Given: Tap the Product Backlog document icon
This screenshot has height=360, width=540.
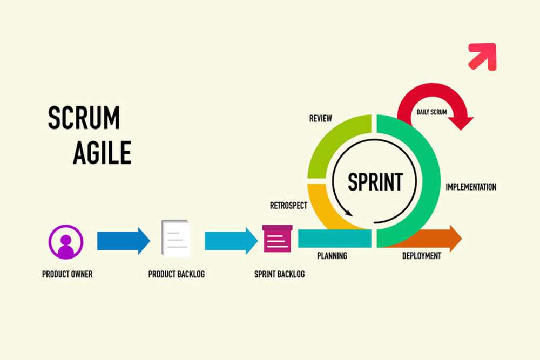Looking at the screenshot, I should (x=176, y=239).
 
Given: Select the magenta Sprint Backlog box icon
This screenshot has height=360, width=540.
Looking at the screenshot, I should (x=278, y=239).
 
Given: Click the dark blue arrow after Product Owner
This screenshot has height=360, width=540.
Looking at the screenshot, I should (x=123, y=240).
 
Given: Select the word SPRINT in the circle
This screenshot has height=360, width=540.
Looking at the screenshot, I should (x=375, y=182).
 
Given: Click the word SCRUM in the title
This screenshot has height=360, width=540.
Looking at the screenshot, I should (x=84, y=118).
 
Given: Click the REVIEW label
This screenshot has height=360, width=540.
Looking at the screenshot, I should (x=321, y=118).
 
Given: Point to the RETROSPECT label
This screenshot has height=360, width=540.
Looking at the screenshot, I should (x=288, y=206).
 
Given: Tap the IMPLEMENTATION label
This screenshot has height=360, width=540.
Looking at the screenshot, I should (x=471, y=187).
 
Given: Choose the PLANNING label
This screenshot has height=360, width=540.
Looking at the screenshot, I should (x=332, y=256).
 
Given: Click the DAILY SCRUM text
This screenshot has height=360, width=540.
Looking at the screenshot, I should (x=432, y=112).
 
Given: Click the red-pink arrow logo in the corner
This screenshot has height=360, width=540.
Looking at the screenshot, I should (x=482, y=57).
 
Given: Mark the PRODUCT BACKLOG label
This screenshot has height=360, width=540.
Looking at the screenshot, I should (x=177, y=274).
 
